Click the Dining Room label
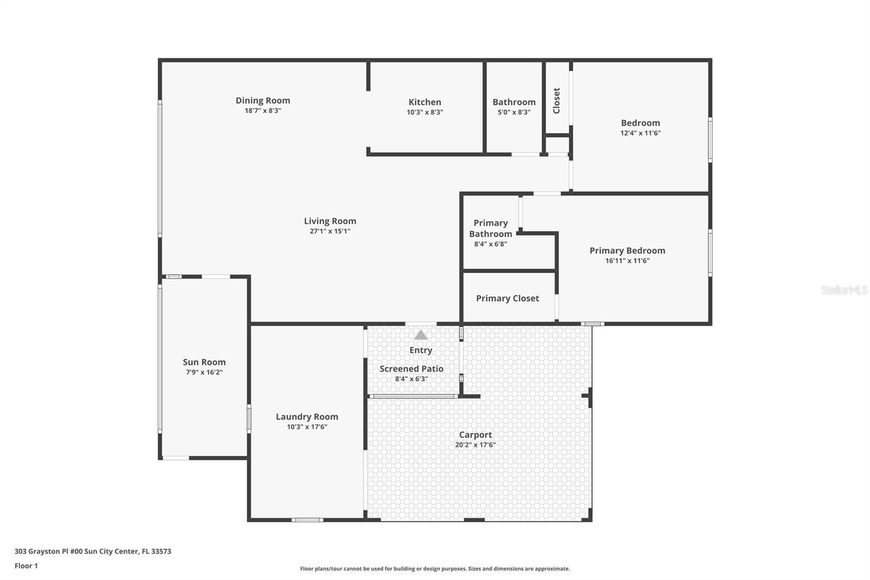tap(263, 100)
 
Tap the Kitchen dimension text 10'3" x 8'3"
tap(425, 112)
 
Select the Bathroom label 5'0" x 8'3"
tap(514, 112)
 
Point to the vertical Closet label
tap(556, 101)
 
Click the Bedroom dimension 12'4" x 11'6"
tap(641, 133)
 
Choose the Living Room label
tap(330, 221)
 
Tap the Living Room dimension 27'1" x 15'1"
tap(330, 231)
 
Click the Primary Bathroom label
tap(490, 228)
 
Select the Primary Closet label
tap(507, 298)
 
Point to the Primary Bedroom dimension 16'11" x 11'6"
tap(627, 261)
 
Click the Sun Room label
tap(204, 362)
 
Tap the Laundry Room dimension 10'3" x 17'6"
tap(307, 427)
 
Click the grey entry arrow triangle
tap(421, 335)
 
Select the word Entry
tap(421, 350)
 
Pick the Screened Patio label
tap(411, 368)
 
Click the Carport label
tap(475, 435)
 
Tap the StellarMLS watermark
tap(844, 290)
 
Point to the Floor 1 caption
tap(26, 566)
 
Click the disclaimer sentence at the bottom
tap(435, 569)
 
